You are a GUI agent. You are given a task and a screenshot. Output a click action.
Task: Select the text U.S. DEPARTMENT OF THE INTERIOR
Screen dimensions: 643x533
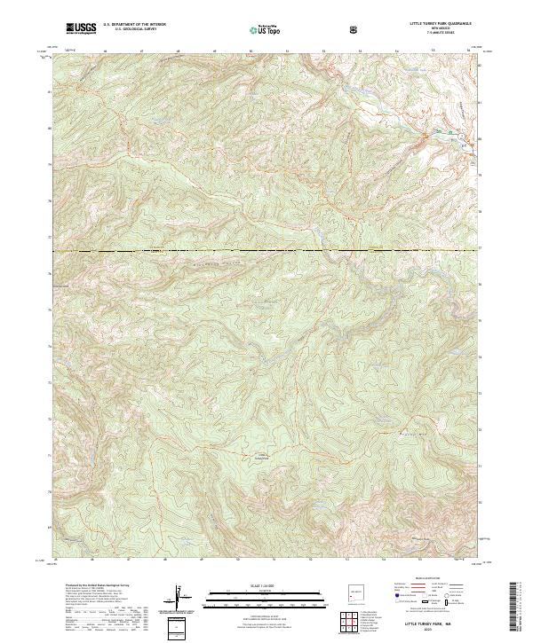[134, 25]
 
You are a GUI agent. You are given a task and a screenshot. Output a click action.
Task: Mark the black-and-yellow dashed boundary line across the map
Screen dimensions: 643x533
[266, 252]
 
